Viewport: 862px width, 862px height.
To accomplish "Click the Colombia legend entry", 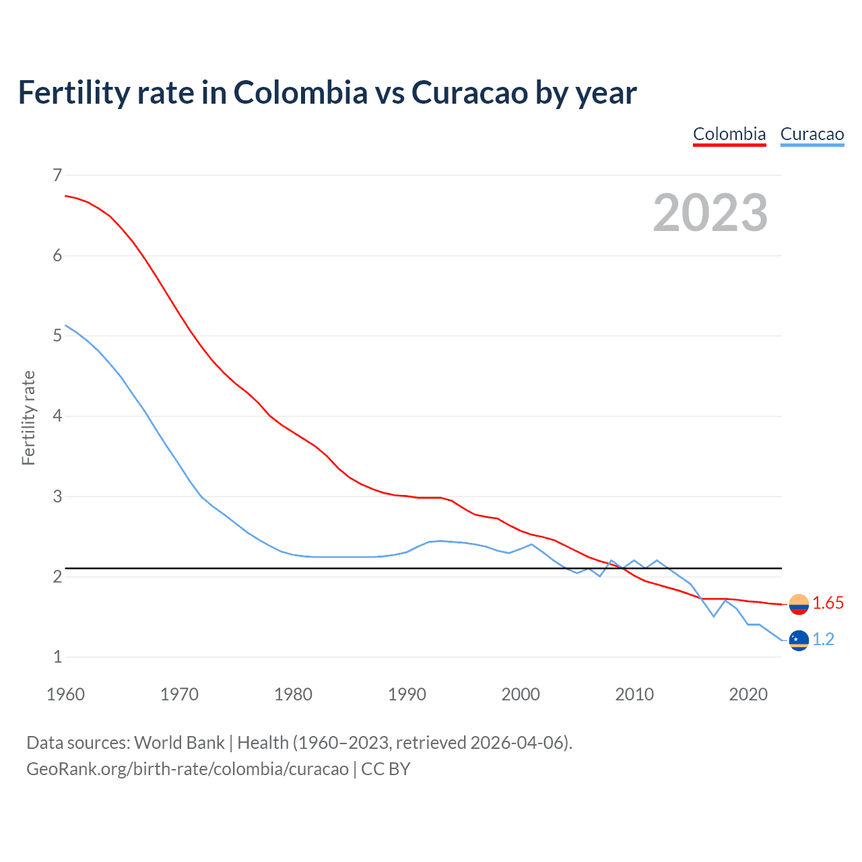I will click(729, 134).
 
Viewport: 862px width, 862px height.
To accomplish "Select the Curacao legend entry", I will click(811, 134).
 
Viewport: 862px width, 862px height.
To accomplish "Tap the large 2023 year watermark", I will click(710, 213).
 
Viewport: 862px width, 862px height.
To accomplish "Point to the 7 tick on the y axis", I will click(57, 176).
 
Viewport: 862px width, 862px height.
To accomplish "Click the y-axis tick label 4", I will click(57, 416).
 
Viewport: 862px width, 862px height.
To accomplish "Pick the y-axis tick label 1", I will click(57, 657).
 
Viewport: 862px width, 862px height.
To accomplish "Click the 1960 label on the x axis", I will click(65, 694).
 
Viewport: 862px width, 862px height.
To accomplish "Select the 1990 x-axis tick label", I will click(407, 694).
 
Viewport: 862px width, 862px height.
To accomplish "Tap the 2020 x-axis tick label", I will click(748, 694).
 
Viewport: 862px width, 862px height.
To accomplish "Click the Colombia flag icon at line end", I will click(799, 604).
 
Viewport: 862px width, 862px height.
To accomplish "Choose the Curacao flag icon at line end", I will click(799, 640).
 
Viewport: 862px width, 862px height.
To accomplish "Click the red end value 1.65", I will click(828, 603).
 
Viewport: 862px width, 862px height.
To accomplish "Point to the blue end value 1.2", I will click(823, 640).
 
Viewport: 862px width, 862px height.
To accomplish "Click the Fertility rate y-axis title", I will click(28, 418).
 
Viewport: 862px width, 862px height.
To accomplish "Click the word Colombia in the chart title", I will click(300, 93).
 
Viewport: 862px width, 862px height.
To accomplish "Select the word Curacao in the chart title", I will click(469, 93).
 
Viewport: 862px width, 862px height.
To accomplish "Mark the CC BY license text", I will click(386, 769).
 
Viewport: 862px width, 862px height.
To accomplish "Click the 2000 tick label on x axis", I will click(521, 694).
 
